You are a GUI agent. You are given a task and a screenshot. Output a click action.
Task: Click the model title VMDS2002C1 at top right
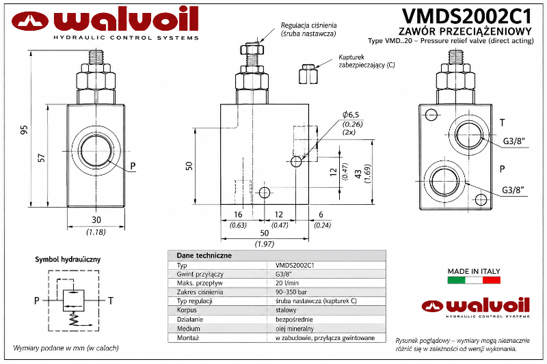pyautogui.click(x=467, y=16)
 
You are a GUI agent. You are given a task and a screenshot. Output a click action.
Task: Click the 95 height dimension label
pyautogui.click(x=23, y=130)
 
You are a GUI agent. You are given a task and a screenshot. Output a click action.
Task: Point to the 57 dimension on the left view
pyautogui.click(x=41, y=158)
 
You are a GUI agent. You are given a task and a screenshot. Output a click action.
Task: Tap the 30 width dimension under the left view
pyautogui.click(x=96, y=220)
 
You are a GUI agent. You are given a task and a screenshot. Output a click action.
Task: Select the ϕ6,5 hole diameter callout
pyautogui.click(x=351, y=115)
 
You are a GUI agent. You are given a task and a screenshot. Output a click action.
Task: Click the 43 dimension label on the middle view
pyautogui.click(x=358, y=174)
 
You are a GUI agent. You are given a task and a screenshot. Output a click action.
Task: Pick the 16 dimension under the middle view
pyautogui.click(x=238, y=214)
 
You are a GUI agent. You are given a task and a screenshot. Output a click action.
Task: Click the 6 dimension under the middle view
pyautogui.click(x=321, y=214)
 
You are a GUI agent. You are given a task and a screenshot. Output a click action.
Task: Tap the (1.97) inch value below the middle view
pyautogui.click(x=265, y=244)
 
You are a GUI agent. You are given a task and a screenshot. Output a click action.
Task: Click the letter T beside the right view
pyautogui.click(x=503, y=123)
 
